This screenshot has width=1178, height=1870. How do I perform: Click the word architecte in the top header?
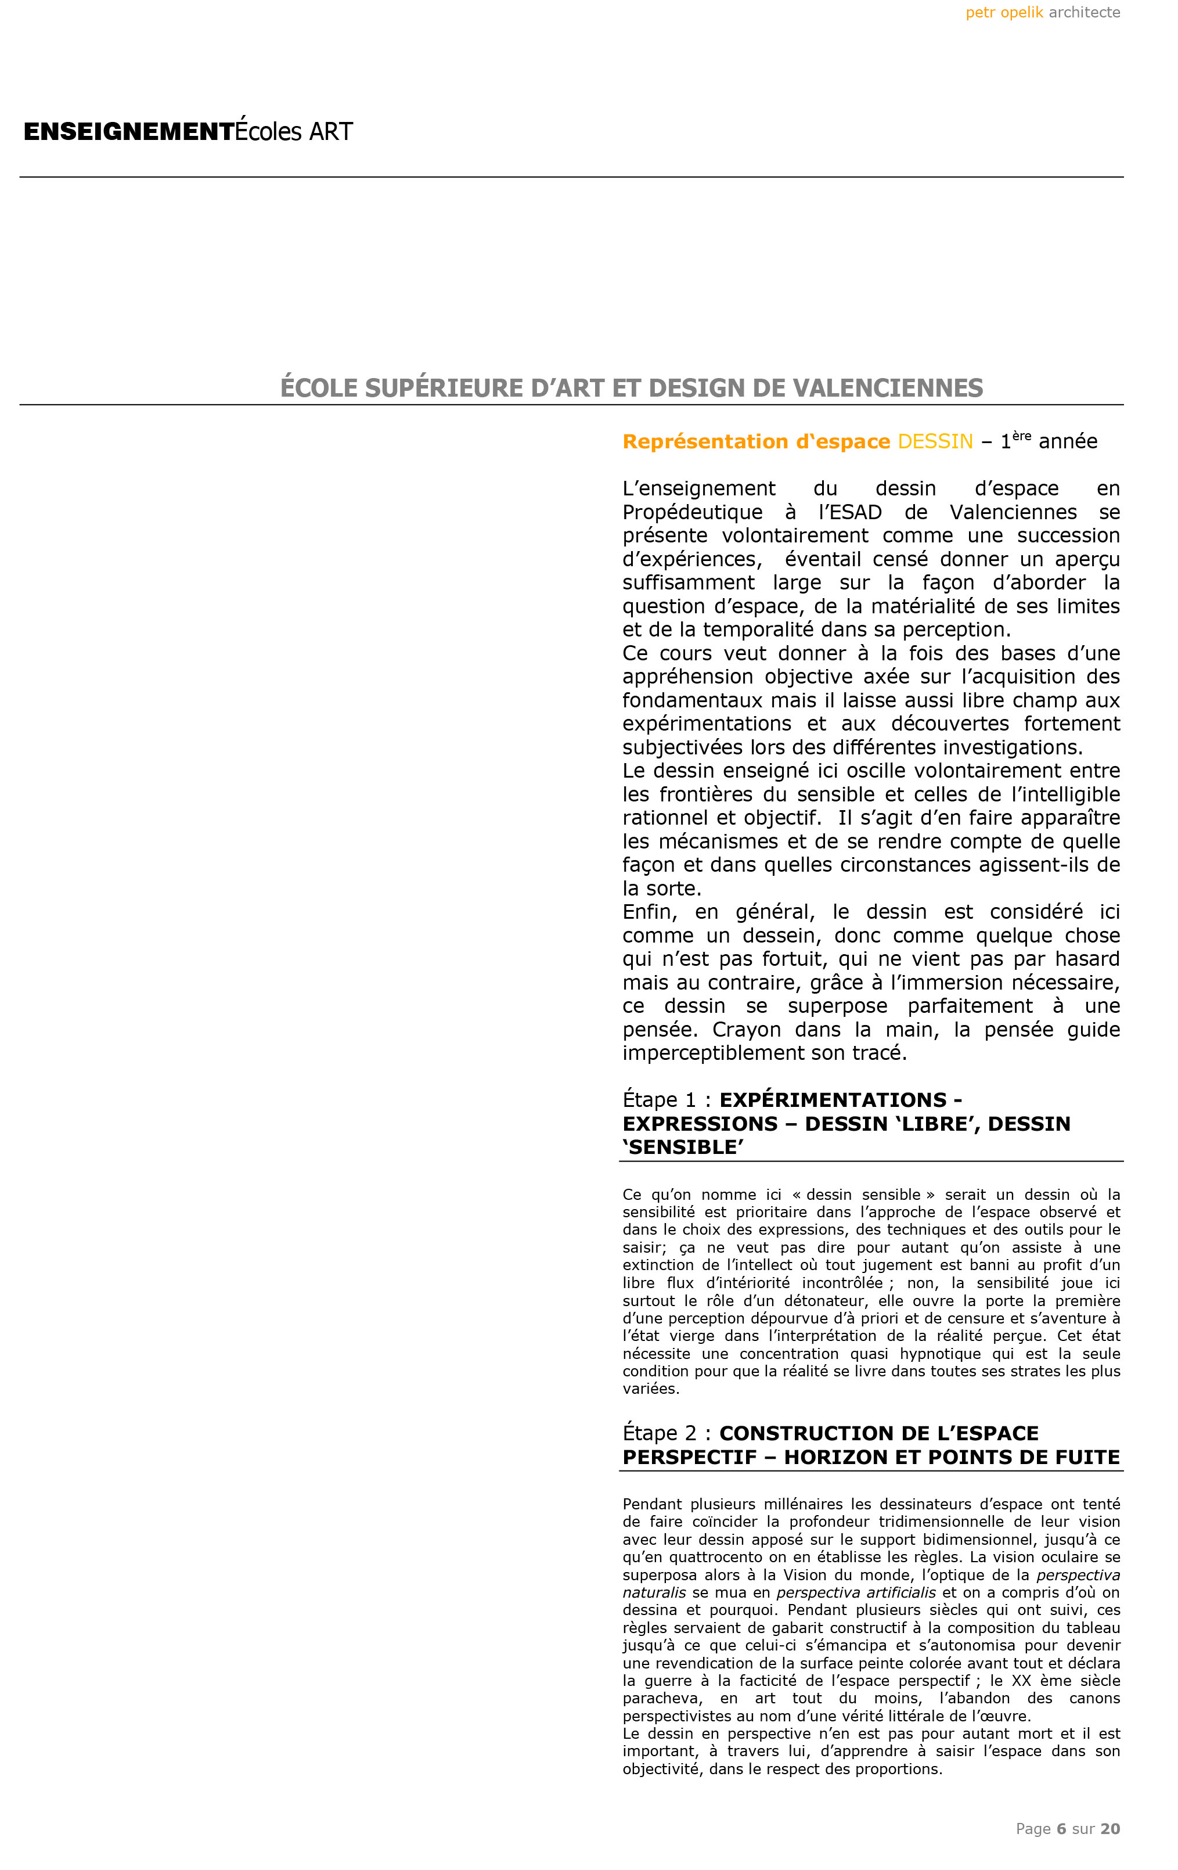1084,12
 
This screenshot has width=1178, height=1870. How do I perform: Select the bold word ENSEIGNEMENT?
129,131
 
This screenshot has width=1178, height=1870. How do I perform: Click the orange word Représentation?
697,441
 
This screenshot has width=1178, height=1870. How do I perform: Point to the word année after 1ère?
1068,441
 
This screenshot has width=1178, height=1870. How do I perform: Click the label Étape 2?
660,1433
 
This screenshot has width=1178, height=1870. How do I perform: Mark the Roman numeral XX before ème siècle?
1021,1681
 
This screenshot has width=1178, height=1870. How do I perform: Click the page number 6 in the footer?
1061,1829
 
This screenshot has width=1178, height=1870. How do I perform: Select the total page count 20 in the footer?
1111,1829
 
